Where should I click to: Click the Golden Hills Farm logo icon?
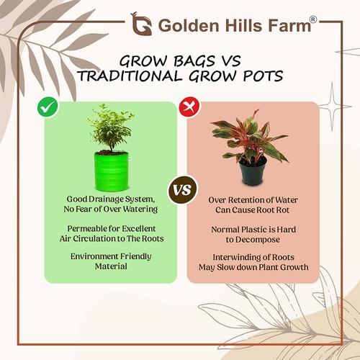(x=141, y=24)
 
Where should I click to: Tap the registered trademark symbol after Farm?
(x=313, y=19)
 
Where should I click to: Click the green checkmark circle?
(x=48, y=107)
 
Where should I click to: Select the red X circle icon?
(x=189, y=107)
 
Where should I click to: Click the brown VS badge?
(x=182, y=190)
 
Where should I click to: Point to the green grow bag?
(x=112, y=171)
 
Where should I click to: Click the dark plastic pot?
(x=253, y=171)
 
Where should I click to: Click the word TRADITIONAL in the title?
(x=130, y=76)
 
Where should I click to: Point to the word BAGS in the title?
(x=194, y=61)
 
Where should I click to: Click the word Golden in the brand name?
(x=189, y=26)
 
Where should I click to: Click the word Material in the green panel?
(x=111, y=266)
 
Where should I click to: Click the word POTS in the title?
(x=263, y=76)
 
